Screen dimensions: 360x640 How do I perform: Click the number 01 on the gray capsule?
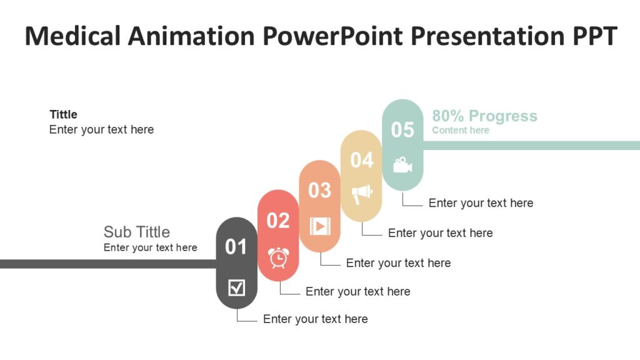236,247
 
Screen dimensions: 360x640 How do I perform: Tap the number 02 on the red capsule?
278,221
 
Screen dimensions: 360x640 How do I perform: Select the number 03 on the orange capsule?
319,190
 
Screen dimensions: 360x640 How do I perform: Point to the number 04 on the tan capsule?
361,160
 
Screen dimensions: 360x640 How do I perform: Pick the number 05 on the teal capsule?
402,130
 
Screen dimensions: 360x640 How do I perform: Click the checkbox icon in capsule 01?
237,288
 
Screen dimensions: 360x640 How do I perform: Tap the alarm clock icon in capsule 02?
278,257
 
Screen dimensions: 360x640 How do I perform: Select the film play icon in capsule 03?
319,226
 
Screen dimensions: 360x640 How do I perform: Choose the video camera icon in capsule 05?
402,165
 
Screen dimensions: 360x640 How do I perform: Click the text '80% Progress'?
484,116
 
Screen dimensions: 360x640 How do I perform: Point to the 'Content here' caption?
461,130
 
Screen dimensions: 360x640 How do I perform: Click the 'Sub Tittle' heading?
136,232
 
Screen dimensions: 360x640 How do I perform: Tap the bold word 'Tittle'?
63,114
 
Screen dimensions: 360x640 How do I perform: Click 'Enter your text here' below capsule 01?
315,319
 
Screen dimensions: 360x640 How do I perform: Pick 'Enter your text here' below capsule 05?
481,203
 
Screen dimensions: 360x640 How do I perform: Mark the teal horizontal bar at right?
531,146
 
